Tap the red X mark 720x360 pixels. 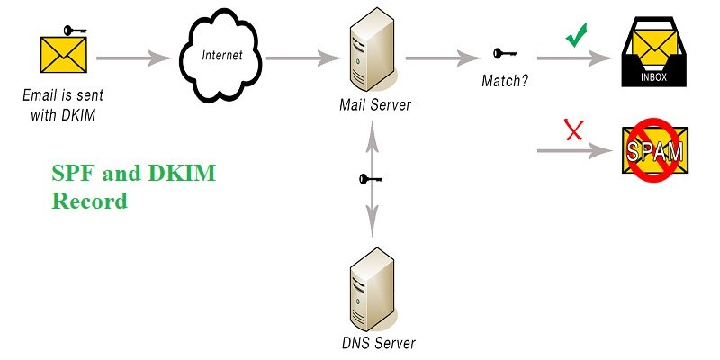point(572,131)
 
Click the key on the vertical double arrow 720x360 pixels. point(368,179)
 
